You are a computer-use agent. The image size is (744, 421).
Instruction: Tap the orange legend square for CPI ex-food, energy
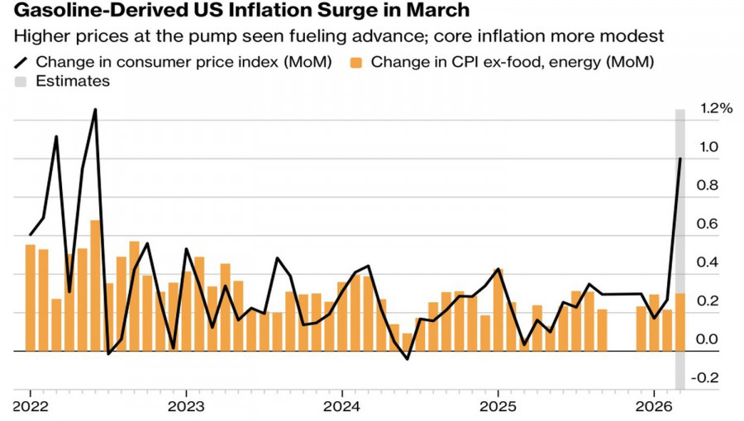(357, 62)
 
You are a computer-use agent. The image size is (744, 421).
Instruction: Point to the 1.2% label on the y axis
(716, 108)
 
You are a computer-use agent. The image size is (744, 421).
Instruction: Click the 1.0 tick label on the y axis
(709, 147)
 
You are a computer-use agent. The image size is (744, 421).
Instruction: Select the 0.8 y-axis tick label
(709, 186)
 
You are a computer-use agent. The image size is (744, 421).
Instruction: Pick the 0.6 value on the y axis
(709, 225)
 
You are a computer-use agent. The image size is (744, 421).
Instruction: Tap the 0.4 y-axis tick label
(709, 263)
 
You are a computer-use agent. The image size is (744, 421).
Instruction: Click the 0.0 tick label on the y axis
(709, 339)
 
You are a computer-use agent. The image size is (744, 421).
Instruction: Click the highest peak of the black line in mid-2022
(95, 110)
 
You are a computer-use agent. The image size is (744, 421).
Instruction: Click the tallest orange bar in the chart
(96, 285)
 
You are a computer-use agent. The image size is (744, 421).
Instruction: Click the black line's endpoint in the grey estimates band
(680, 158)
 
